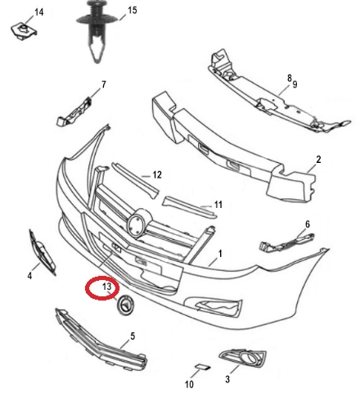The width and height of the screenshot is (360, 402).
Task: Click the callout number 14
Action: tap(38, 12)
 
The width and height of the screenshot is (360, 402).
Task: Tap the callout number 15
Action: tap(133, 11)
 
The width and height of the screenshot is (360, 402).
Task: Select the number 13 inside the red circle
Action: tap(107, 287)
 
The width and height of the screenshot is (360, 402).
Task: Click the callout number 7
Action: tap(104, 84)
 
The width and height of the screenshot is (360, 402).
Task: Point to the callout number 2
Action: tap(318, 160)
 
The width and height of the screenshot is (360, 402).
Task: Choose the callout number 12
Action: tap(157, 174)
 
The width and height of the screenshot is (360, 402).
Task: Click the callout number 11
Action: tap(218, 205)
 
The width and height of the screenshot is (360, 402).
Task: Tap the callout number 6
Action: tap(308, 224)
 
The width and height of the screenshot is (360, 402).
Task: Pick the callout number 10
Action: tap(189, 385)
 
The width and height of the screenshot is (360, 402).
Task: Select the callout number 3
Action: tap(227, 379)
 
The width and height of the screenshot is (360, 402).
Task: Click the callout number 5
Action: tap(133, 337)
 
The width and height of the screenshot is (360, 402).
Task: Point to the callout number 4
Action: tap(29, 276)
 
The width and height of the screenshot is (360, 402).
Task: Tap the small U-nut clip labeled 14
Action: tap(24, 31)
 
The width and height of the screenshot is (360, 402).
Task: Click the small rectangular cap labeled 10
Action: tap(203, 367)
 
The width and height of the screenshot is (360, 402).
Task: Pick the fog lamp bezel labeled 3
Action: tap(242, 359)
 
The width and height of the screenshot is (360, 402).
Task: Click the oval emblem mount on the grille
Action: tap(139, 223)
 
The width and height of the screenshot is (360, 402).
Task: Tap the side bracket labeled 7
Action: tap(74, 111)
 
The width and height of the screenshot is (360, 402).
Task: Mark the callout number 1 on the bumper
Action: tap(220, 254)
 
